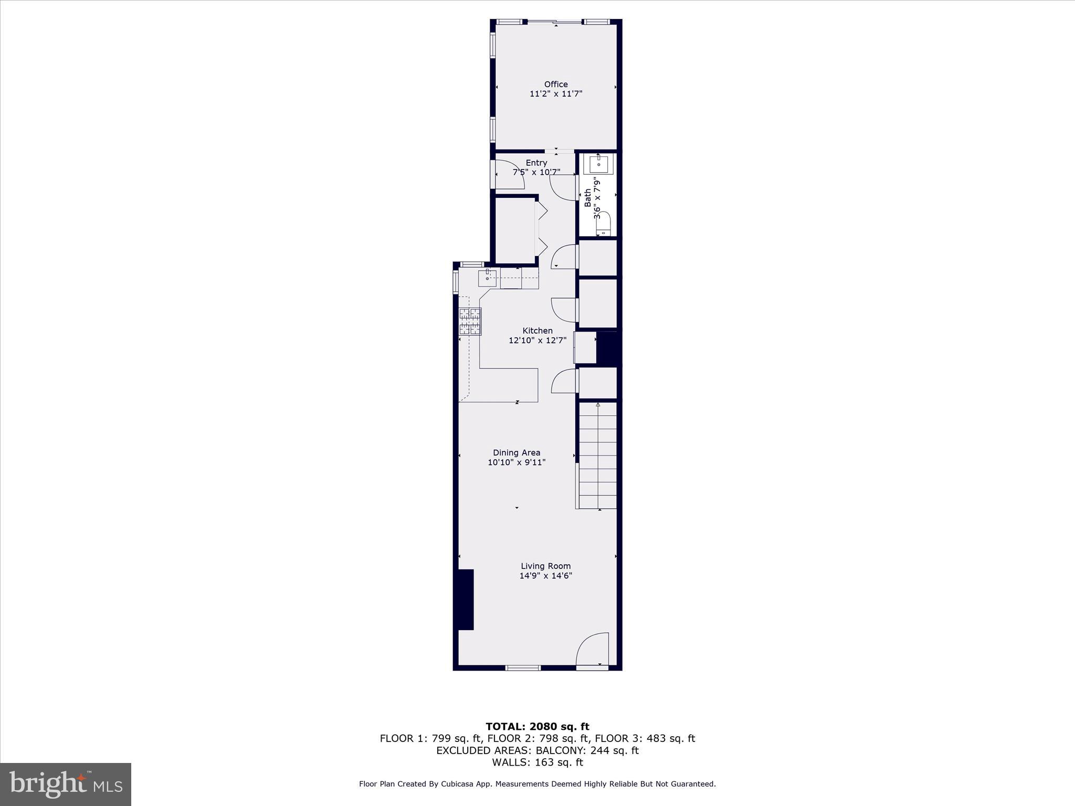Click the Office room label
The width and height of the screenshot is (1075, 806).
[x=556, y=84]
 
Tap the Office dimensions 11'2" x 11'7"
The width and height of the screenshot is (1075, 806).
[x=556, y=94]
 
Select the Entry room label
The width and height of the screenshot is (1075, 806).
[x=536, y=163]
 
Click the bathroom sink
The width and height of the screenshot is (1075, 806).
[x=598, y=164]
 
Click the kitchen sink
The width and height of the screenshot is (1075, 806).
[x=487, y=278]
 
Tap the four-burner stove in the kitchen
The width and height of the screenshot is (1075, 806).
[x=470, y=321]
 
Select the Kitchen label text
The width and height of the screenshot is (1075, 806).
[x=537, y=331]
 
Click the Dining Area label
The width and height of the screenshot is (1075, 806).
[x=517, y=452]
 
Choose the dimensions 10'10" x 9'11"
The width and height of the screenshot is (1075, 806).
[x=517, y=462]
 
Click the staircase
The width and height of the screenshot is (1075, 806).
[x=598, y=455]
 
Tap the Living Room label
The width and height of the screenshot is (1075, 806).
[x=545, y=566]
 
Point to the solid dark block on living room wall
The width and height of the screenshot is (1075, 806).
[x=464, y=599]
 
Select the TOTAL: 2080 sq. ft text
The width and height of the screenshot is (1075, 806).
[x=537, y=727]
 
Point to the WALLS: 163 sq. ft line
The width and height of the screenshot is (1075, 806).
[x=537, y=762]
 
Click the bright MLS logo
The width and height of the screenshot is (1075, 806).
[x=66, y=784]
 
